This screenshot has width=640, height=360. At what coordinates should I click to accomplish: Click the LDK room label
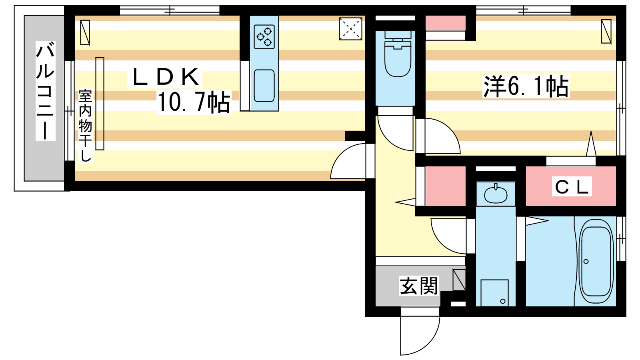(x=165, y=77)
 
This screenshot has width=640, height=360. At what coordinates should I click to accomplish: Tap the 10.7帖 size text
(x=194, y=102)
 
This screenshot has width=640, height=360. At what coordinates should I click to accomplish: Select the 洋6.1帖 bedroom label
(x=526, y=86)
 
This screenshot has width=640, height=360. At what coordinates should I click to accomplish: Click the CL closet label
(x=572, y=187)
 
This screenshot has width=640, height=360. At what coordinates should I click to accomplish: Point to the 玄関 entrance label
(x=419, y=286)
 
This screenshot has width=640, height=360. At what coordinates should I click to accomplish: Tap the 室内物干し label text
(x=85, y=126)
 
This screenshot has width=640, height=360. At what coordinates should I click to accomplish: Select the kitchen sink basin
(x=264, y=86)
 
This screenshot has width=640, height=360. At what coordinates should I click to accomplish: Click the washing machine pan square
(x=494, y=292)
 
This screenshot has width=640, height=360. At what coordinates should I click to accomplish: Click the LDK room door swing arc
(x=348, y=162)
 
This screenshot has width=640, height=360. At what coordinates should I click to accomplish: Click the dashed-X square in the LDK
(x=350, y=29)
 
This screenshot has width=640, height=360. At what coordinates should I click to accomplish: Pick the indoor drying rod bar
(x=100, y=104)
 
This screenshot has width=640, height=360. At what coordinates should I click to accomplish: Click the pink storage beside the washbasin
(x=446, y=186)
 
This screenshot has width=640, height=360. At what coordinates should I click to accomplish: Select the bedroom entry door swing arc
(x=439, y=136)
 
